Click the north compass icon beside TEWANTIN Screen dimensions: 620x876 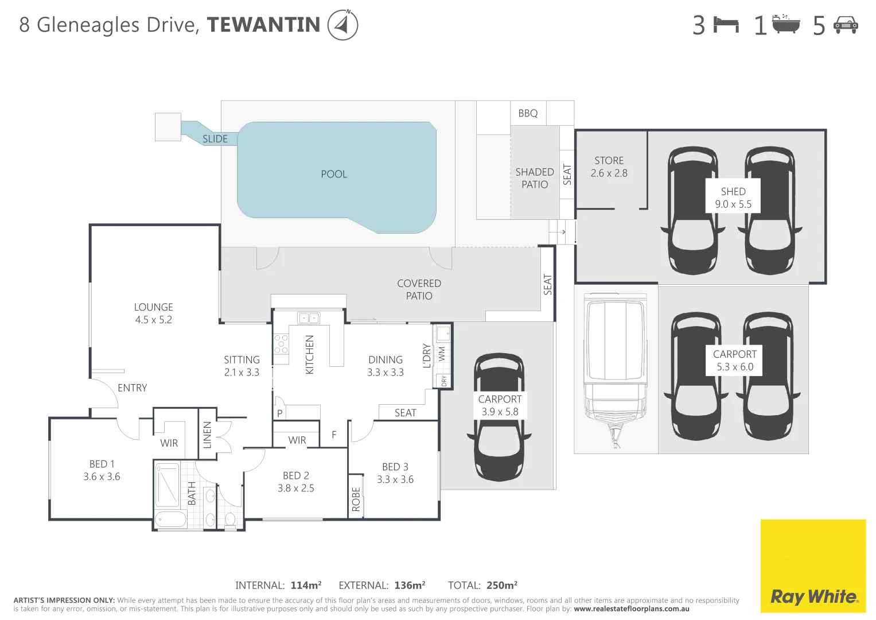coord(342,25)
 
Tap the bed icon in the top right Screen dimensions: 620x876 coord(726,25)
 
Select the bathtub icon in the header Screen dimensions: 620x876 coord(786,25)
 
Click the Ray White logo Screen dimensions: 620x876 coord(813,596)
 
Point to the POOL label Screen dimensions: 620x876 coord(334,175)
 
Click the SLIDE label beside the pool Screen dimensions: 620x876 coord(215,139)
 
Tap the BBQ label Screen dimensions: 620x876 coord(528,114)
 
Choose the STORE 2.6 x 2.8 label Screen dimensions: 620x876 coord(609,167)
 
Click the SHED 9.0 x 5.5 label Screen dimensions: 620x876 coord(733,198)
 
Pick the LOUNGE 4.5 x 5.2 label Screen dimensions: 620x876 coord(154,313)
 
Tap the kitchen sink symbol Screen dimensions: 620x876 coord(309,317)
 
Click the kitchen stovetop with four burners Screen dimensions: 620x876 coord(281,343)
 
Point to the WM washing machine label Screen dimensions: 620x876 coord(442,354)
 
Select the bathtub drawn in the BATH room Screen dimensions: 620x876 coord(171,520)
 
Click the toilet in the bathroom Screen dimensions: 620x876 coord(230,519)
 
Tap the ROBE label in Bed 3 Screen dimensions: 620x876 coord(356,499)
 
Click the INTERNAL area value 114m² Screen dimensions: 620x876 coord(306,586)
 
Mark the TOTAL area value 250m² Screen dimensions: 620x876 coord(502,586)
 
